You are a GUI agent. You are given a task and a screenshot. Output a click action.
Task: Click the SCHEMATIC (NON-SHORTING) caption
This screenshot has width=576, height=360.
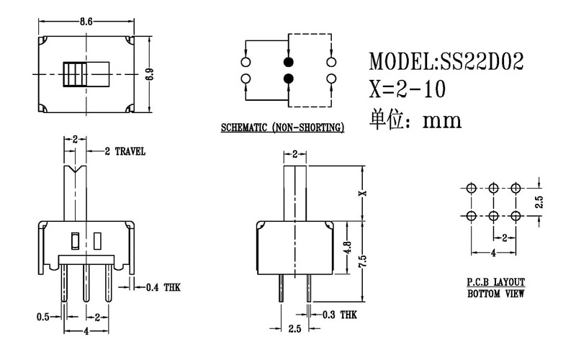click(x=281, y=128)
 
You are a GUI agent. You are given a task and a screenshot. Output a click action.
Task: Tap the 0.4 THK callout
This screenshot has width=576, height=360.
click(x=162, y=287)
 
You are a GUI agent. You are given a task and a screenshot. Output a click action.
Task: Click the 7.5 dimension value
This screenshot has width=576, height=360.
click(x=365, y=259)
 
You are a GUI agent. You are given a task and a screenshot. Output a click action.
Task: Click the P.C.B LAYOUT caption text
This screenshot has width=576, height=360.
click(x=495, y=282)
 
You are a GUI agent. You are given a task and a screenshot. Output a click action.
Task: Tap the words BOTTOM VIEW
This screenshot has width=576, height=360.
click(x=495, y=294)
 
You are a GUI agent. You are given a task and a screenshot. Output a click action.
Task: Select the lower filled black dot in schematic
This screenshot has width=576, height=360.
click(x=289, y=78)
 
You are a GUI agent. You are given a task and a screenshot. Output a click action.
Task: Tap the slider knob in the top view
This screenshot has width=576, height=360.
click(x=74, y=74)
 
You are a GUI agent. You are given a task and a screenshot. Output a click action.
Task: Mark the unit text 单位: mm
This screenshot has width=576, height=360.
click(x=414, y=118)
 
